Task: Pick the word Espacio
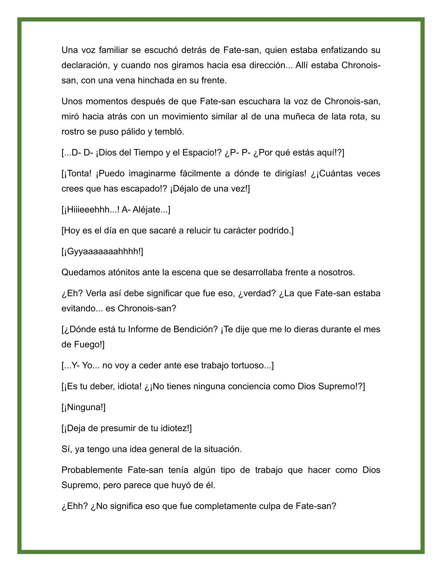coord(196,153)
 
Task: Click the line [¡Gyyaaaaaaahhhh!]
coord(102,251)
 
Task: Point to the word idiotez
coord(175,428)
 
